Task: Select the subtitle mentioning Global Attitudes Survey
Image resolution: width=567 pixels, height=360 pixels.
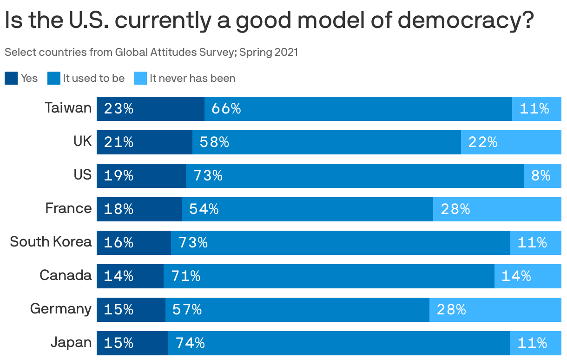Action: [x=151, y=52]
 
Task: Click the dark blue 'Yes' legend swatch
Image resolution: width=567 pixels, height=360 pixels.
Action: [x=11, y=78]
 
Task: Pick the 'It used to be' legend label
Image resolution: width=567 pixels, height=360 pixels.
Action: [x=94, y=78]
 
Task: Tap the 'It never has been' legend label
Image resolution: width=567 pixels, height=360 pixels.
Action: [x=192, y=78]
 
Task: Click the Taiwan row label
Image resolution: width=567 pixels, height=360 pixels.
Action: [x=68, y=108]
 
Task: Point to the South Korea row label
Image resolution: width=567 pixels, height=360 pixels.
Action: [x=51, y=242]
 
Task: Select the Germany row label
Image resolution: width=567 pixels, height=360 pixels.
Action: [x=61, y=309]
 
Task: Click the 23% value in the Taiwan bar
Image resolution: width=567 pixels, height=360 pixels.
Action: [x=119, y=109]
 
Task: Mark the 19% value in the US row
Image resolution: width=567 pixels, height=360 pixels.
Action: [x=119, y=176]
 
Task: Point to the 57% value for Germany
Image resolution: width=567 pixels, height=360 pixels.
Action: [x=187, y=310]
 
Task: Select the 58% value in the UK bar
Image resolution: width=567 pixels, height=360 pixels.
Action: [x=214, y=142]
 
